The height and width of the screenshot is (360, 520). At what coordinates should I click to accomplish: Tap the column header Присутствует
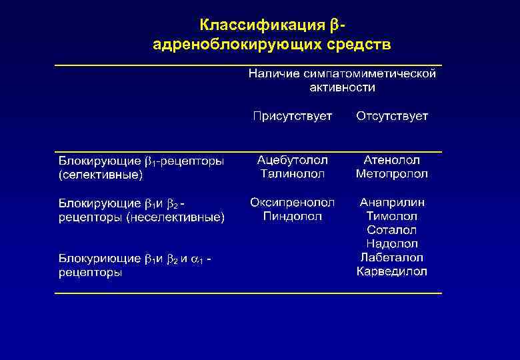click(x=292, y=117)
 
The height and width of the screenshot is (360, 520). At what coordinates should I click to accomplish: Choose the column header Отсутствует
click(x=392, y=117)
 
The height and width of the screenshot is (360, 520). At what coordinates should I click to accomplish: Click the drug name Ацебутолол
click(x=292, y=161)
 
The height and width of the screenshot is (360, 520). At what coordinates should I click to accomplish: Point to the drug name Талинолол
click(x=292, y=174)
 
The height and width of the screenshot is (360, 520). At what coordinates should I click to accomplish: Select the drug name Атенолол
click(x=392, y=161)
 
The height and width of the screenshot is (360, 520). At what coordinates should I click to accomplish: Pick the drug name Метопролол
click(x=392, y=174)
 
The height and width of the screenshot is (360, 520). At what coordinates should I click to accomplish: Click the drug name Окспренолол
click(x=292, y=202)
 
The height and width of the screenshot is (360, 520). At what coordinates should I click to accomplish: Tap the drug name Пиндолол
click(x=292, y=216)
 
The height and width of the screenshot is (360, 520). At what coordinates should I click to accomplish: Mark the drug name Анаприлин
click(x=392, y=202)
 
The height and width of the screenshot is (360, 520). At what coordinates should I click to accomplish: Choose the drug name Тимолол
click(x=392, y=216)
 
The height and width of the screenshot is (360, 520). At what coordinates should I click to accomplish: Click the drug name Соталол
click(x=392, y=230)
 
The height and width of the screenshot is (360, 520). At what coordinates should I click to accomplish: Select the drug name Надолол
click(x=392, y=244)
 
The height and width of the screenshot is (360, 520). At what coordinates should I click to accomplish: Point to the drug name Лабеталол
click(x=392, y=257)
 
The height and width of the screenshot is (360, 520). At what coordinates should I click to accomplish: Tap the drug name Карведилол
click(x=392, y=271)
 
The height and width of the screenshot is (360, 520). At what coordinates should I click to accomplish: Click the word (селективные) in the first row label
click(x=101, y=175)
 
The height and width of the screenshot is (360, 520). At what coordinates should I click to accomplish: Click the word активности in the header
click(x=342, y=87)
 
